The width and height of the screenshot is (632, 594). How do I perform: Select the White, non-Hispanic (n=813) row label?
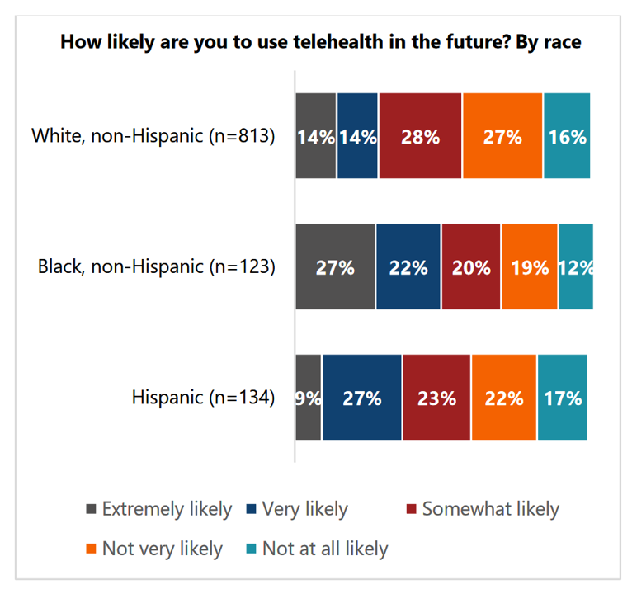click(153, 136)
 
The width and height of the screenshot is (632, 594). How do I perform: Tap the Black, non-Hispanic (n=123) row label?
click(156, 266)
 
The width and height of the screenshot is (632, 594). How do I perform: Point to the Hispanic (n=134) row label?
click(203, 398)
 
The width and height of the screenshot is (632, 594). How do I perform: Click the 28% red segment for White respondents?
click(420, 136)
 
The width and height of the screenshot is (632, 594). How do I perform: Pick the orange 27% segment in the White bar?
click(502, 136)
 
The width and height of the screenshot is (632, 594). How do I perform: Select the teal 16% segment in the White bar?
click(567, 136)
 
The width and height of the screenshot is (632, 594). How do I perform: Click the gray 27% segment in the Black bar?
click(335, 266)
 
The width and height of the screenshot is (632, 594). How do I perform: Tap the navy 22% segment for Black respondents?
click(408, 266)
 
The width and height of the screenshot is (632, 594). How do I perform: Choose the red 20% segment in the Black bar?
click(471, 266)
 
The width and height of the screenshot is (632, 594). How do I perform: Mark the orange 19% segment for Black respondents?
click(530, 266)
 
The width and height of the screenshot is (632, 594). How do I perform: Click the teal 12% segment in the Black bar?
click(576, 266)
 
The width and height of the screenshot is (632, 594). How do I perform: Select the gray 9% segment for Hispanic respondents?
click(309, 398)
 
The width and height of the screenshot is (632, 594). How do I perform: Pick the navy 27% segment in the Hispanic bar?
click(362, 398)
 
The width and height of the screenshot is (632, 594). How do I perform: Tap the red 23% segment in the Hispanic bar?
click(436, 398)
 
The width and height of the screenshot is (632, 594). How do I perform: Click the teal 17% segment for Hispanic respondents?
click(562, 398)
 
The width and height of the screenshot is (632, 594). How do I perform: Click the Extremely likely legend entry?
click(158, 509)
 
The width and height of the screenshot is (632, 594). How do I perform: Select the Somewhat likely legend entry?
click(483, 509)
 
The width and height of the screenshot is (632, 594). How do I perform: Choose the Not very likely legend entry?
click(154, 549)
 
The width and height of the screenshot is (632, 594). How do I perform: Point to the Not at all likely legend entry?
click(317, 549)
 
